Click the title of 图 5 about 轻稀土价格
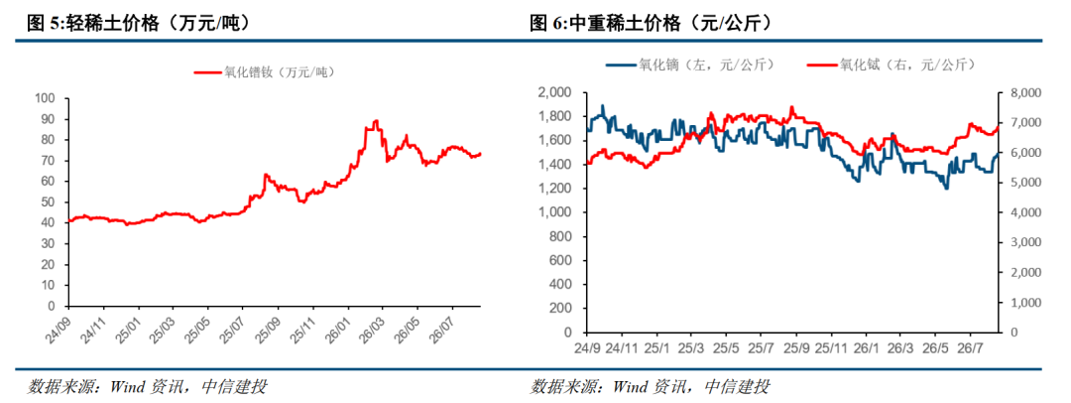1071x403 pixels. click(137, 25)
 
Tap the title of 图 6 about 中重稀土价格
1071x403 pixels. click(652, 25)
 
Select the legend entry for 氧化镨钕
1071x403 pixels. click(264, 71)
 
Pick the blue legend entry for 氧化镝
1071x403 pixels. click(690, 65)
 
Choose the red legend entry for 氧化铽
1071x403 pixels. click(891, 65)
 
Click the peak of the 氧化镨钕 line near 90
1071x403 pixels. click(376, 121)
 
